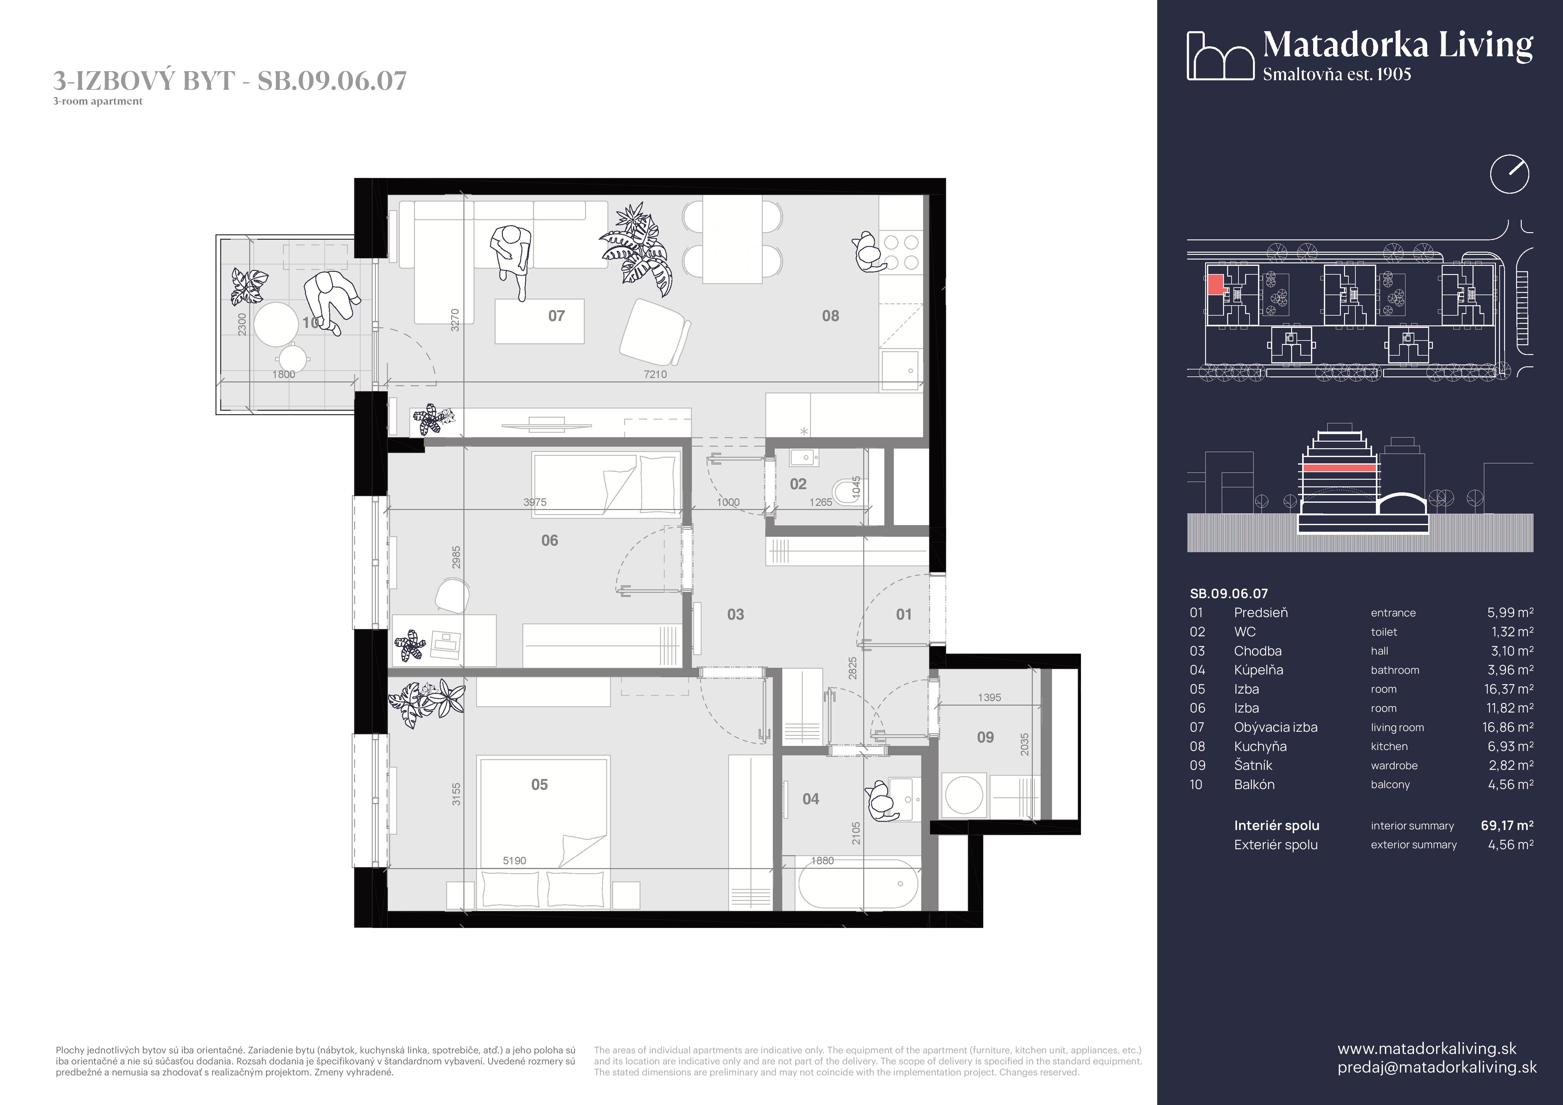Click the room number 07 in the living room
click(x=556, y=316)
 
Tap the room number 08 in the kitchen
click(x=830, y=316)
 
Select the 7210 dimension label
click(x=655, y=374)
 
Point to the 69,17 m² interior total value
click(x=1507, y=825)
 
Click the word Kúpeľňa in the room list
click(x=1258, y=670)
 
